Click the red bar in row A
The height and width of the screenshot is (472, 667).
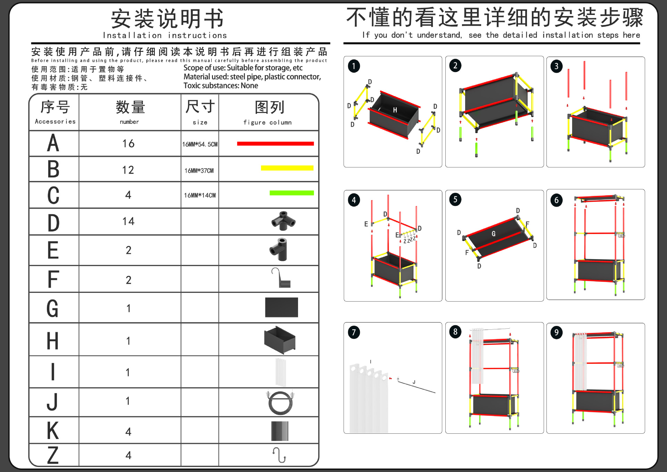(275, 144)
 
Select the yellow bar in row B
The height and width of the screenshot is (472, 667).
(287, 168)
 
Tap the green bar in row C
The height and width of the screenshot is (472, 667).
(291, 193)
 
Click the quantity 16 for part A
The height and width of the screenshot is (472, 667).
(128, 143)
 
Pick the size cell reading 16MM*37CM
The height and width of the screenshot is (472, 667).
(199, 171)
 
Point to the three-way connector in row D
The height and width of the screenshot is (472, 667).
(283, 221)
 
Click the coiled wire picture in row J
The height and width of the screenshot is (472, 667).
(280, 402)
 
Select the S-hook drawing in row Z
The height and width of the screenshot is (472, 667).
(279, 455)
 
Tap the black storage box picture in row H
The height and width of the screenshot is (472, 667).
(280, 340)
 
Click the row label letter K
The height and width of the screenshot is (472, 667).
(53, 431)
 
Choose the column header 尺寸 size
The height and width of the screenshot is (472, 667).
(200, 111)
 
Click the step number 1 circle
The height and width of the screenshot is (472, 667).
(354, 66)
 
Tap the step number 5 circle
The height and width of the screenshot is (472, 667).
(455, 200)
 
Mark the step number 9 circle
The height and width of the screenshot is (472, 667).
(556, 333)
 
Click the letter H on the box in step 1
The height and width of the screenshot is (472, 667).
(395, 110)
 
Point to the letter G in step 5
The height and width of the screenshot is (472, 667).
(493, 234)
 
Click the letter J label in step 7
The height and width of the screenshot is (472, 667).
(414, 382)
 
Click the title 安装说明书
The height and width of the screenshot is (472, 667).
(167, 19)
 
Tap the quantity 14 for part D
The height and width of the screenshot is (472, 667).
(128, 221)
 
